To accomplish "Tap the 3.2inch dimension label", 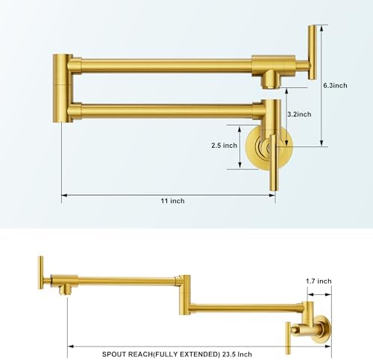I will point(301,114).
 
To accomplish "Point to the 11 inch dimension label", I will point(172,201).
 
